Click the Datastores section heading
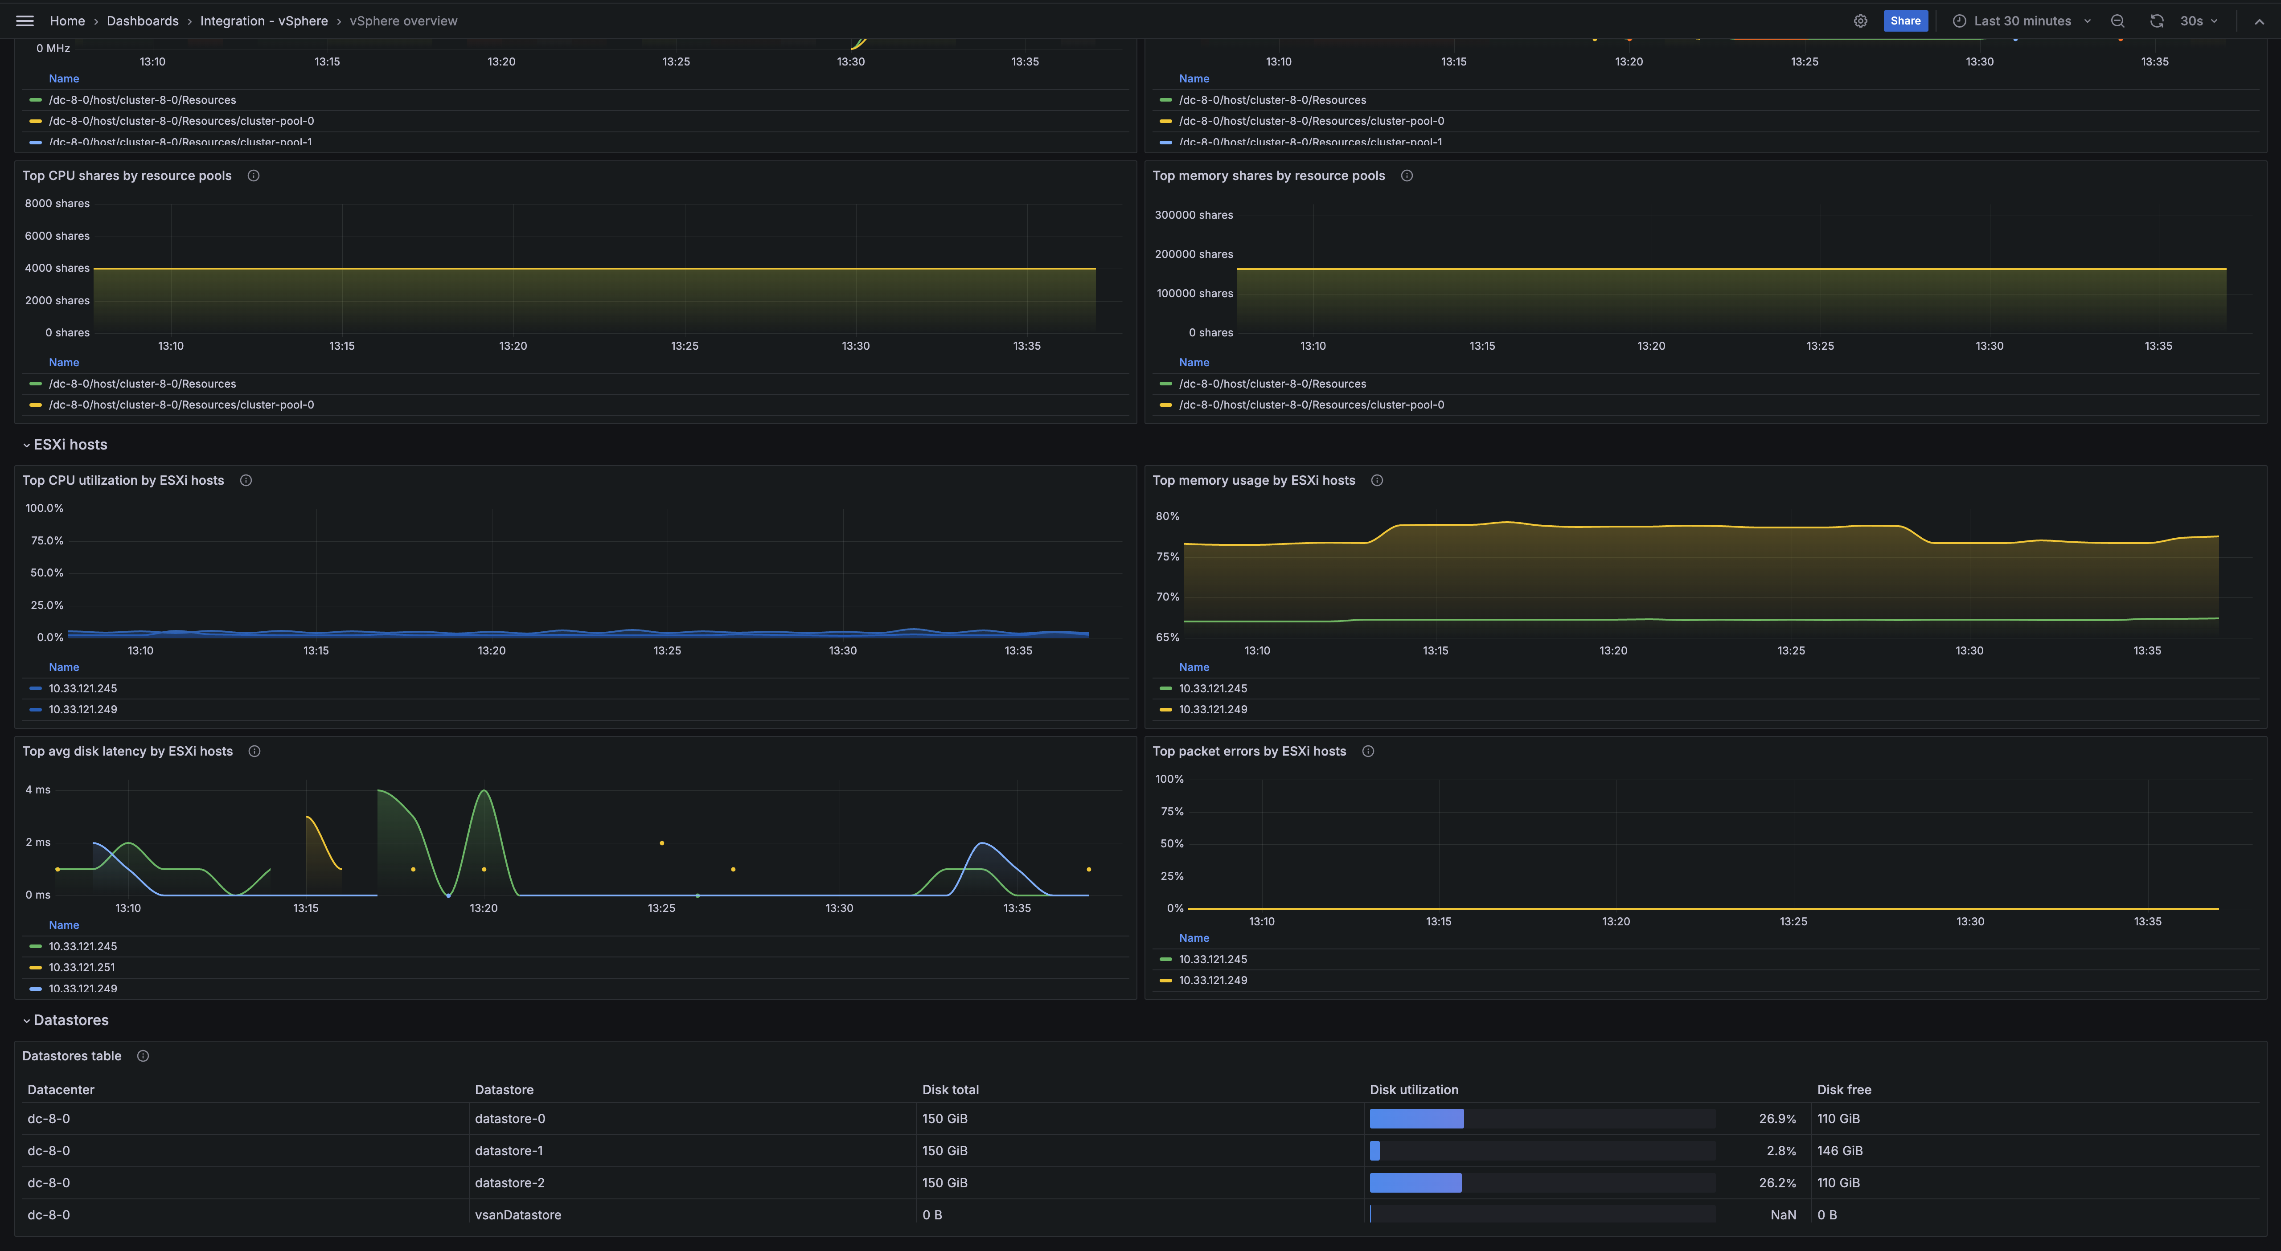point(71,1020)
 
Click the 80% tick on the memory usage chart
point(1167,516)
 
